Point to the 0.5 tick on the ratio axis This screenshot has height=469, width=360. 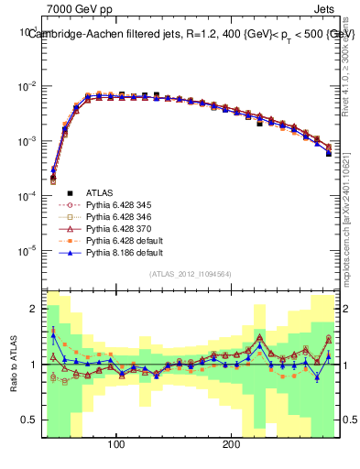tap(31, 420)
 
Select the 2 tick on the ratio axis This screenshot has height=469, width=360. tap(35, 309)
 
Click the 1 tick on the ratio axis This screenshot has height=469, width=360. tap(35, 365)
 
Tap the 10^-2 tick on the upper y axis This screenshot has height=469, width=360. tap(29, 87)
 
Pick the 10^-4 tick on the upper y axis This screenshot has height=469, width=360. tap(29, 196)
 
